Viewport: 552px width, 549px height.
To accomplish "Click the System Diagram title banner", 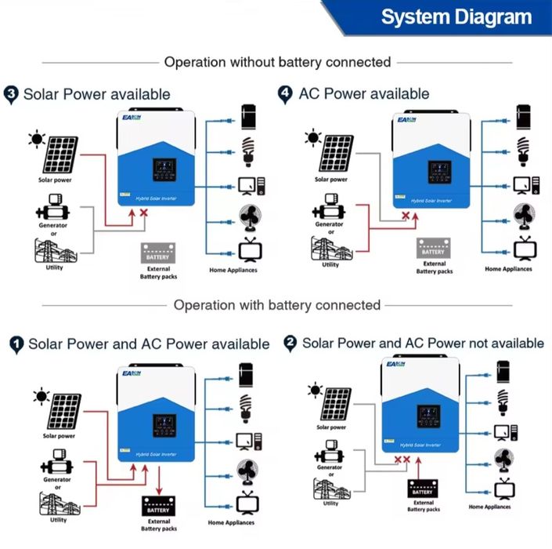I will coord(455,17).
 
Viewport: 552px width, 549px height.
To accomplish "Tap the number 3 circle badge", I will coord(12,94).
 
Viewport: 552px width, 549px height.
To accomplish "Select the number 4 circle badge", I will coord(285,94).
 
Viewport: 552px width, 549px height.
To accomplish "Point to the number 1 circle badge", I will coord(16,344).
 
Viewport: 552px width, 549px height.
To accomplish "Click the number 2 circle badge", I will coord(290,343).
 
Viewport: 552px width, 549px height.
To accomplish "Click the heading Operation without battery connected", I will coord(277,62).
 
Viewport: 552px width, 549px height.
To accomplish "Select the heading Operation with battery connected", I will coord(277,305).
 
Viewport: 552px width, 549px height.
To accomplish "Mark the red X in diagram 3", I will coord(143,213).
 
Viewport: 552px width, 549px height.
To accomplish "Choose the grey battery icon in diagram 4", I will coord(432,247).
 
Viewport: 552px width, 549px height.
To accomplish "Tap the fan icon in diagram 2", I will coord(502,459).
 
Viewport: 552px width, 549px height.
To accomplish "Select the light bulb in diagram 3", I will coord(249,151).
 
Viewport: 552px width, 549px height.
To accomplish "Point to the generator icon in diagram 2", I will coord(330,452).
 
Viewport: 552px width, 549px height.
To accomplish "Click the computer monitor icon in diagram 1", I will coord(247,441).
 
